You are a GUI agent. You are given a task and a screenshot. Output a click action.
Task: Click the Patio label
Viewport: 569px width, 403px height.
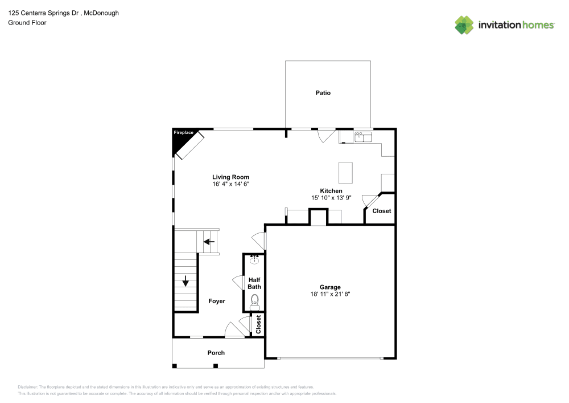323,93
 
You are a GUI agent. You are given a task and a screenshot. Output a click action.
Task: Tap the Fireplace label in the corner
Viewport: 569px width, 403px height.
184,133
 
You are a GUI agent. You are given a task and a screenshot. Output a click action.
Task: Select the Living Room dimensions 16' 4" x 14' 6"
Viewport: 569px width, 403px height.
231,184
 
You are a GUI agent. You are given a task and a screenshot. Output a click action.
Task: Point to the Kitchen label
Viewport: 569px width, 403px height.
331,191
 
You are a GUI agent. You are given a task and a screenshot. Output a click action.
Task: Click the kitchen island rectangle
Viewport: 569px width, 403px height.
345,173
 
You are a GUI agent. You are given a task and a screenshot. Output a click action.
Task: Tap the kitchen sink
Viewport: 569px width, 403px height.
363,137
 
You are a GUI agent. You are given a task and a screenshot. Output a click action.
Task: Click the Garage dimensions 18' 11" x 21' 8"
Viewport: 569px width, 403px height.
330,294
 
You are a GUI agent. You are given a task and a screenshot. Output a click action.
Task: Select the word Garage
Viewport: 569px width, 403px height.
330,287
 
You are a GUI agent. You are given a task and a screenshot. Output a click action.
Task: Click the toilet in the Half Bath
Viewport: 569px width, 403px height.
255,302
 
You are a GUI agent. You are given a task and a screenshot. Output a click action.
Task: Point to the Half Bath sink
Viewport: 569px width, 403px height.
254,259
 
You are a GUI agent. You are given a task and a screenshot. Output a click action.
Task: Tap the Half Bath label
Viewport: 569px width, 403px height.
254,283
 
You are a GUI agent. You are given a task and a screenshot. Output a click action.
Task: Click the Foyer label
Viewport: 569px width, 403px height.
217,301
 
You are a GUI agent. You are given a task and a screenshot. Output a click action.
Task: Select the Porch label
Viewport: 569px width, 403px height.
216,352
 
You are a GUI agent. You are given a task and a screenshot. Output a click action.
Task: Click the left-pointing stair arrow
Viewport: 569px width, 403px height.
209,242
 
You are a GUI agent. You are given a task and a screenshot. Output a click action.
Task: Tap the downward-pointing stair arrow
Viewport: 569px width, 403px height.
185,281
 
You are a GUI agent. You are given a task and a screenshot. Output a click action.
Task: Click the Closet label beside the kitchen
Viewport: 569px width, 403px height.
382,211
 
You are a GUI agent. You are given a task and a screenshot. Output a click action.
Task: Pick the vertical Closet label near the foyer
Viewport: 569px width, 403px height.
258,324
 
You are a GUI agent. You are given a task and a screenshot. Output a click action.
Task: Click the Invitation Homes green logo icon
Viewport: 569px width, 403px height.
464,25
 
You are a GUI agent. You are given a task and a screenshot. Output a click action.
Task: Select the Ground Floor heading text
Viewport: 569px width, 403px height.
27,23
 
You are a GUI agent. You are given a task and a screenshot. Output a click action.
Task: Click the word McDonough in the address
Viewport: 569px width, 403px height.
101,13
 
